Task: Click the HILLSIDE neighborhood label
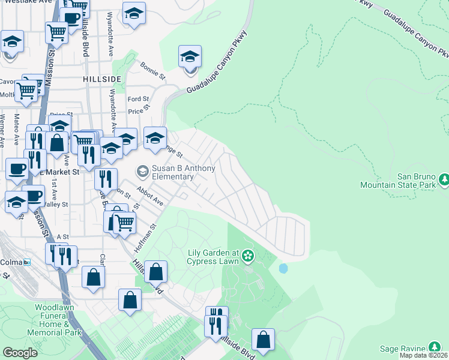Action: (x=102, y=79)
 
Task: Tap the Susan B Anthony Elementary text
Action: (x=182, y=172)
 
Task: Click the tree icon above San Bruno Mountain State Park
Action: (x=445, y=179)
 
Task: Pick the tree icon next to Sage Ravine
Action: (x=434, y=347)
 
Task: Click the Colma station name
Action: (x=10, y=262)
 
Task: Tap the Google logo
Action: (x=20, y=352)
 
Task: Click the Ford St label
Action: (x=138, y=99)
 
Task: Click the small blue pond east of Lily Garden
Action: (x=283, y=268)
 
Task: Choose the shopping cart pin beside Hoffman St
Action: (x=124, y=223)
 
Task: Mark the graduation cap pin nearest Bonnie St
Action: (x=190, y=58)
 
